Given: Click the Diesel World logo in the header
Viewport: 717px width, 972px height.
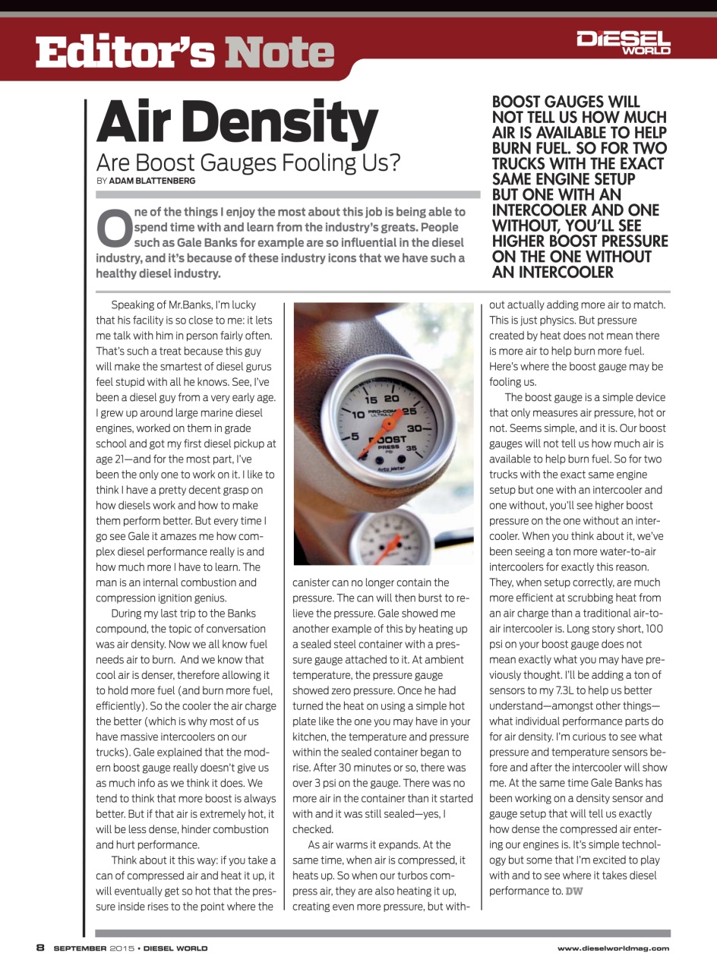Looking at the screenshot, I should (x=624, y=43).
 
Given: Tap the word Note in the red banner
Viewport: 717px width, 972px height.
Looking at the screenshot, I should (x=280, y=52).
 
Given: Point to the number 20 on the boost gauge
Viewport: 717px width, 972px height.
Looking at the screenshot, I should (x=392, y=398).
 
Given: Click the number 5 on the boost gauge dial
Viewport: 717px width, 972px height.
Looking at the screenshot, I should (x=354, y=437).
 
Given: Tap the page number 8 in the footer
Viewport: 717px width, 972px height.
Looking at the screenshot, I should (x=41, y=947).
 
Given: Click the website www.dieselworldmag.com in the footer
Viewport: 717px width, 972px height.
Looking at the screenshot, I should (x=613, y=948).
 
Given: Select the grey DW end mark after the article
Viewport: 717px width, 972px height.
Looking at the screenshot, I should (x=575, y=891).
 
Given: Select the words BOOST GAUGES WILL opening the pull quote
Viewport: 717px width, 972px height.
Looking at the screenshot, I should (x=566, y=102).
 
